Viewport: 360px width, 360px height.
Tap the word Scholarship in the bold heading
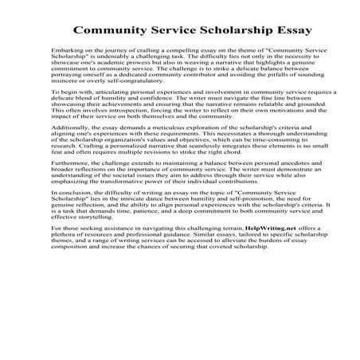[x=203, y=33]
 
